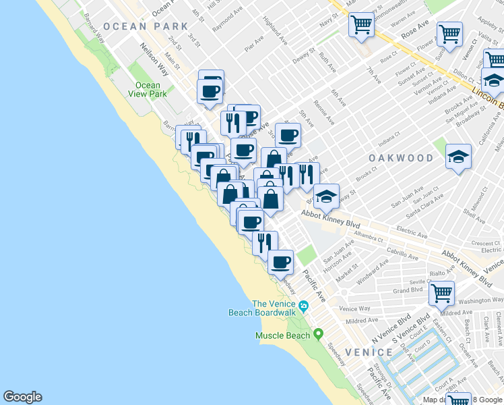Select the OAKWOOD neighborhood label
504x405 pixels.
coord(400,157)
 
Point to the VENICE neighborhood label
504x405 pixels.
coord(369,352)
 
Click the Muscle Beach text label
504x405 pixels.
coord(282,335)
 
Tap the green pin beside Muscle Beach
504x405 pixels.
coord(318,334)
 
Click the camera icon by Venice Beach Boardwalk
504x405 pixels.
coord(305,306)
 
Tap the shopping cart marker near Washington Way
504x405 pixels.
coord(441,293)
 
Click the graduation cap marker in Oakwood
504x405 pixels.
coord(458,157)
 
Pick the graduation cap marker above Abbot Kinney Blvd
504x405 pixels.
coord(327,196)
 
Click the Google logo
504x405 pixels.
coord(22,397)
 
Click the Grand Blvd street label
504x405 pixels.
coord(408,291)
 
